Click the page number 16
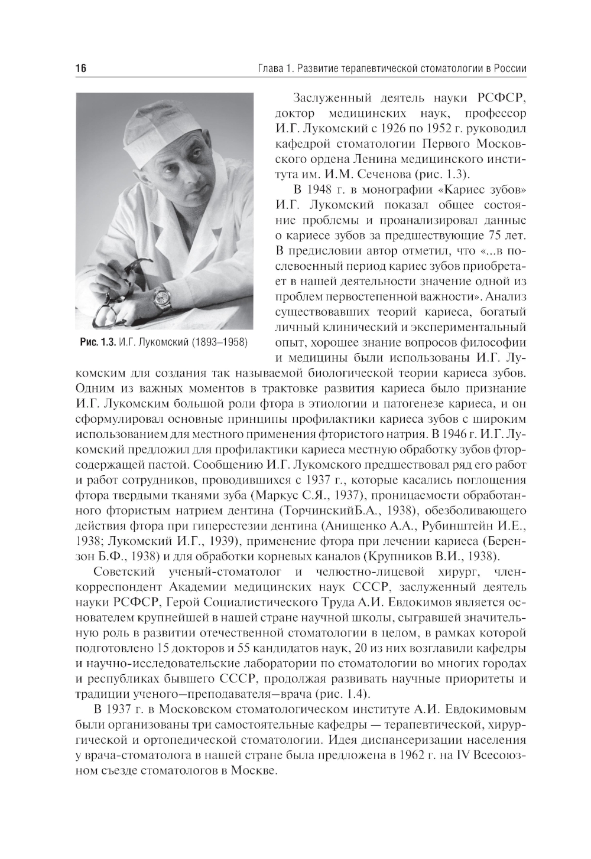pyautogui.click(x=81, y=69)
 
